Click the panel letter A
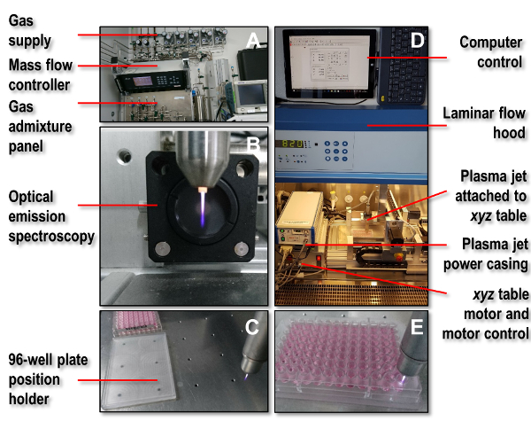[252, 40]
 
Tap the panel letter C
[252, 327]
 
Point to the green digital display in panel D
[297, 144]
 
